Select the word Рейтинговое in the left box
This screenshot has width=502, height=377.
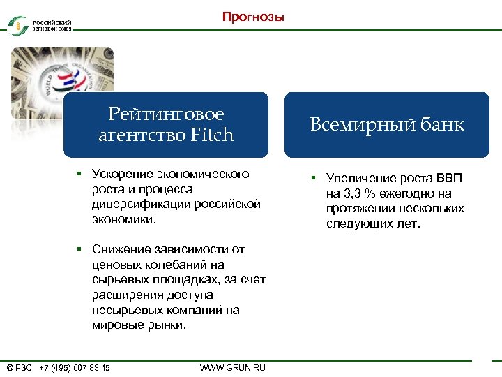pos(166,114)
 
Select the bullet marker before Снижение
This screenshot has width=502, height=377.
pos(81,250)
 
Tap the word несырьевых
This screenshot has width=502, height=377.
pos(123,311)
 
